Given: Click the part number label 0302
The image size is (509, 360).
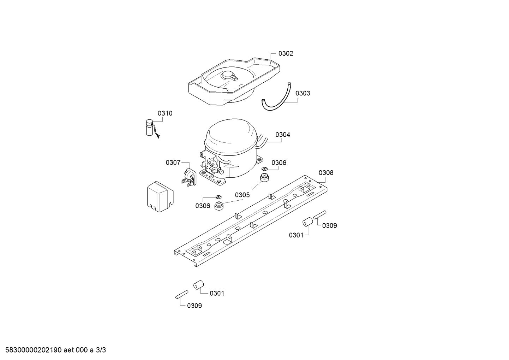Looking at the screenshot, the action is coord(286,53).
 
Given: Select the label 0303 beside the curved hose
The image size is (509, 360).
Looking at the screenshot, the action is coord(303,93).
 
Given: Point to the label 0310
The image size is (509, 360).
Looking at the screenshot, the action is coord(165,113).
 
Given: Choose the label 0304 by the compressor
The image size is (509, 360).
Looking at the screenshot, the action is coord(283,135).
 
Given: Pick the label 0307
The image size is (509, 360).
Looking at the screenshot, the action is coord(173,163).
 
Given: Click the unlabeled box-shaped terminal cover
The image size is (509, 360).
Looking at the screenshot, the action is coord(160,197).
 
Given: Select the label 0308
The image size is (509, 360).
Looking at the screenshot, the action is coord(326,173).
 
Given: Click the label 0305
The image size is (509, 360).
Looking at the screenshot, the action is coord(242,195).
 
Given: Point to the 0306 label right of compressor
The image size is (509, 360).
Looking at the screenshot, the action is coord(279,163).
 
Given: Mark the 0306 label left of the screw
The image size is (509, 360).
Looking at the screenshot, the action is coord(203,206).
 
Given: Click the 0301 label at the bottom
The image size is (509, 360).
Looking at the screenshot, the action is coord(217,293).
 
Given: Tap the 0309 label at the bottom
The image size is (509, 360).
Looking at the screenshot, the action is coord(194,306).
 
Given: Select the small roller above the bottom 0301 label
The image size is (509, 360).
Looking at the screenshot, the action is coord(199,285).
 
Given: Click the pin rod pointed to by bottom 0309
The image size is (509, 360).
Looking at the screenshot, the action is coord(182,295).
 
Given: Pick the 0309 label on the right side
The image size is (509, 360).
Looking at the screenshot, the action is coord(329,226).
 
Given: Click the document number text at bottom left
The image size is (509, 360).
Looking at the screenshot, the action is coord(55,350).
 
